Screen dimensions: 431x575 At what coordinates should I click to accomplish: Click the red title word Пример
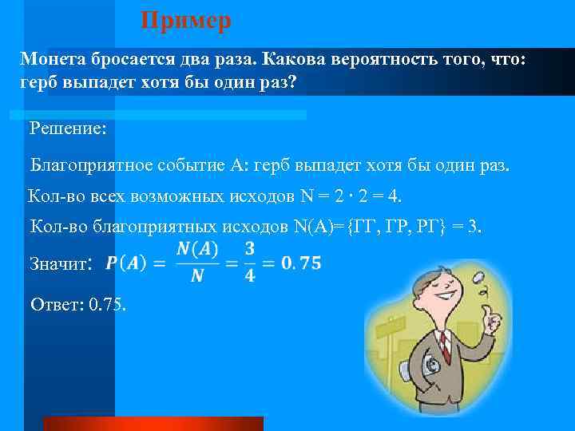186,20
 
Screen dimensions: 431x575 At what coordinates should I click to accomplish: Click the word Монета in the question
52,59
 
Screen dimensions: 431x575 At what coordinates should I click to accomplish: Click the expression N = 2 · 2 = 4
350,196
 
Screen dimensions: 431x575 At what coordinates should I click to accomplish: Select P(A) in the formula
126,263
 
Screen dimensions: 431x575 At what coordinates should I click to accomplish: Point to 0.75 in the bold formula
302,263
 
